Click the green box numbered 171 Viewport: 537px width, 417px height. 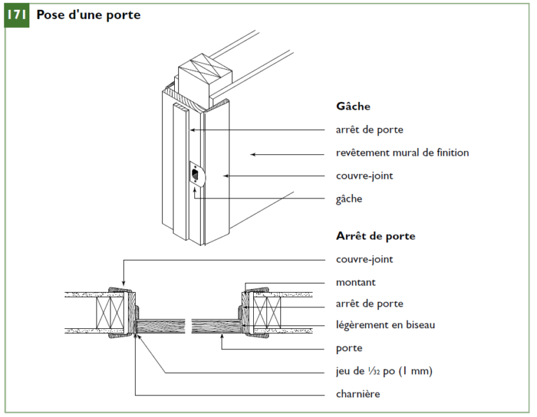coord(17,15)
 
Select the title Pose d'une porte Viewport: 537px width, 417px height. coord(88,15)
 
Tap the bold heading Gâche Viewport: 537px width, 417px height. coord(353,107)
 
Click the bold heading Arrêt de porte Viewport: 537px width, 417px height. coord(375,236)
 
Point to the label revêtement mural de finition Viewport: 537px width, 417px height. coord(402,152)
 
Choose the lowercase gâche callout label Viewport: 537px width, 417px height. coord(349,198)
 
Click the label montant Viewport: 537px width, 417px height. coord(356,282)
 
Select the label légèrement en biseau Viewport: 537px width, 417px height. coord(385,325)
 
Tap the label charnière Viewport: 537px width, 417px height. coord(358,394)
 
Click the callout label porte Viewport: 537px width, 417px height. coord(349,348)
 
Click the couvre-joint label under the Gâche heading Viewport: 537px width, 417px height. coord(364,175)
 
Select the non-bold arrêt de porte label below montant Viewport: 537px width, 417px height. coord(369,304)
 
